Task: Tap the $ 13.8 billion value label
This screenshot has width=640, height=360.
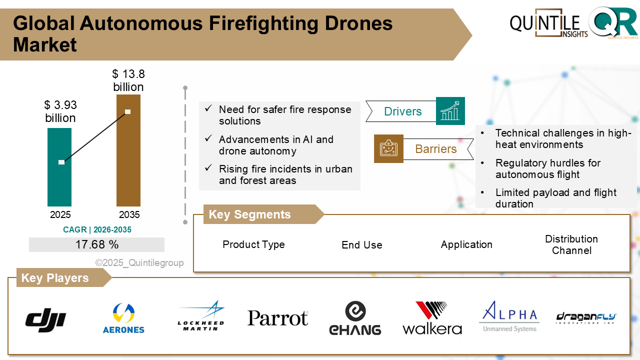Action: [128, 80]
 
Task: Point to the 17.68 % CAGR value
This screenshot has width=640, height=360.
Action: [97, 244]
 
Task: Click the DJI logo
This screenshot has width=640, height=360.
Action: [45, 318]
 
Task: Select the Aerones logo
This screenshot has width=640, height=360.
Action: [123, 318]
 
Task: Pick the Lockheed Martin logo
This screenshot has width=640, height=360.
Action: [201, 316]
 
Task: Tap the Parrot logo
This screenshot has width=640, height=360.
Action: [278, 318]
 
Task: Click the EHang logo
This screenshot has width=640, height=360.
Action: [355, 318]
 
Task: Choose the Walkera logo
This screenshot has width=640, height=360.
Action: [432, 318]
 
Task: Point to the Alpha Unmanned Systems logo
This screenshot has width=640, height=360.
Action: [509, 316]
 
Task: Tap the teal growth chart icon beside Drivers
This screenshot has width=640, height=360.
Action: [450, 111]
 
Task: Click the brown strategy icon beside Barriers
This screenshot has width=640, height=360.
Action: [388, 148]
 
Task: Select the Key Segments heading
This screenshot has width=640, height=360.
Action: [249, 214]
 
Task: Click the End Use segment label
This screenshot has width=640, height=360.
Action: [362, 245]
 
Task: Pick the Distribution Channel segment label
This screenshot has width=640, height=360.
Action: [571, 245]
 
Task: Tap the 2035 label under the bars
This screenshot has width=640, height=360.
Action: [129, 215]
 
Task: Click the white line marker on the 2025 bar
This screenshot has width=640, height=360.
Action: [61, 162]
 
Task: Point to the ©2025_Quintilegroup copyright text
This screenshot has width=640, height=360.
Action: [139, 263]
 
